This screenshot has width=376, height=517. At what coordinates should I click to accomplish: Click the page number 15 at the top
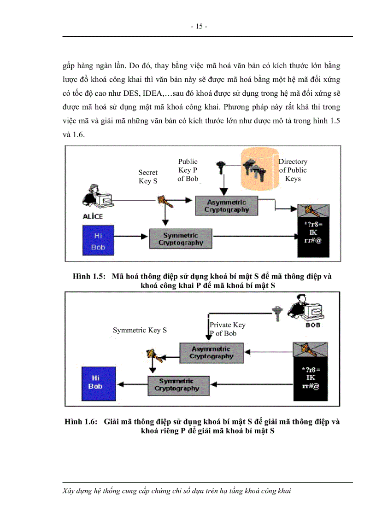point(199,26)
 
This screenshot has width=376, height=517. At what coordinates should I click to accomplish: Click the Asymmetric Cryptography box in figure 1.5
point(227,206)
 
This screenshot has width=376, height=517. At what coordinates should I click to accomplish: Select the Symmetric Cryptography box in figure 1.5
point(181,239)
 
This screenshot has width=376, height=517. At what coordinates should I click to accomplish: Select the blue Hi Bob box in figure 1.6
point(95,383)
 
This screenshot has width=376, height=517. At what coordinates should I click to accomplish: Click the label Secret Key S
point(148,177)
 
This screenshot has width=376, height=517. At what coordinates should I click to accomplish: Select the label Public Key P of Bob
point(188,170)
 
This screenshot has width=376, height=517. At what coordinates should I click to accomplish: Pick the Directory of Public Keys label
point(293,170)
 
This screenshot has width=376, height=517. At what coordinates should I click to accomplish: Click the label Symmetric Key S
point(140,330)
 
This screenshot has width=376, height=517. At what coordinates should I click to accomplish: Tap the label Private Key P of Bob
point(227,329)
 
